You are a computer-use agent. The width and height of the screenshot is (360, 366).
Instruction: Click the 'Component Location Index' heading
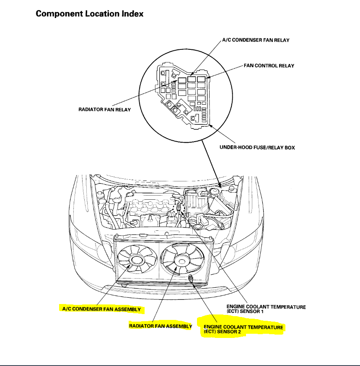click(x=90, y=13)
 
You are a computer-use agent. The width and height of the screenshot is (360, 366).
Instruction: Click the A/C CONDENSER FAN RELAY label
click(x=256, y=40)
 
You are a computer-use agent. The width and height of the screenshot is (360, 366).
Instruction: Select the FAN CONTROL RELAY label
click(x=269, y=66)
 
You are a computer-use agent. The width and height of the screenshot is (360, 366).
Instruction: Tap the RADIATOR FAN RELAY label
click(x=105, y=110)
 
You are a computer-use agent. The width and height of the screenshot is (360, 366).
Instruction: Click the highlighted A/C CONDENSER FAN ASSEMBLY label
click(x=101, y=309)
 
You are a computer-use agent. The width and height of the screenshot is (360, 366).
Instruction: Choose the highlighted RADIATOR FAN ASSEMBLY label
click(x=160, y=326)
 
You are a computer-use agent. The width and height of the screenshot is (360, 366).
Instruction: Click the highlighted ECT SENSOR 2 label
click(x=243, y=329)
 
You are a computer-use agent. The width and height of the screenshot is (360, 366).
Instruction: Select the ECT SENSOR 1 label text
click(x=266, y=309)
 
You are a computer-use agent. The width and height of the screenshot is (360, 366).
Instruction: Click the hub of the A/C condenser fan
click(x=136, y=260)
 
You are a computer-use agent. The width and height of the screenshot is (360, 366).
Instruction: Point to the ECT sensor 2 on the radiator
click(x=192, y=278)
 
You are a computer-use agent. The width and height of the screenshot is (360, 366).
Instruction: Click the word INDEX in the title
click(x=132, y=13)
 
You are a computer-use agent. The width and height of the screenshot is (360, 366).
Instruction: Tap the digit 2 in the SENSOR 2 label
click(x=240, y=332)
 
